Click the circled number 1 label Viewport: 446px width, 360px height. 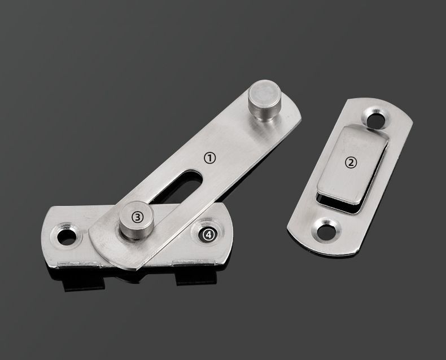210,158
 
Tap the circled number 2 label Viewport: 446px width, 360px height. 351,163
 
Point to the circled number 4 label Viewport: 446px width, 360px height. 209,235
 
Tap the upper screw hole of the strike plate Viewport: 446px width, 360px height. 375,120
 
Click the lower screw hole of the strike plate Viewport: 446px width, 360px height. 327,231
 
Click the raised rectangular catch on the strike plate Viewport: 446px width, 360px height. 352,164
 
